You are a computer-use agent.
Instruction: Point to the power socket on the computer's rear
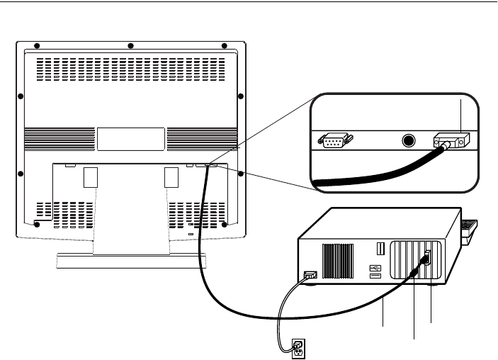pos(310,276)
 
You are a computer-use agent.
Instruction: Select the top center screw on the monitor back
pos(131,46)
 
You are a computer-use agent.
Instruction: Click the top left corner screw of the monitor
pos(37,46)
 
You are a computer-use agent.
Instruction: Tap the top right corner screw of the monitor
pos(225,46)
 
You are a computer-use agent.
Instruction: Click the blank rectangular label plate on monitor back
pos(131,138)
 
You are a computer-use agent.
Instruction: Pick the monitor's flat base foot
pos(132,261)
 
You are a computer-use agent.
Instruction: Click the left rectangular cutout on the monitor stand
pos(89,177)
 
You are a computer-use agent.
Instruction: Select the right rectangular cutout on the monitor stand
pos(171,177)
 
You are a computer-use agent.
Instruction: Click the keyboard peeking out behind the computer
pos(470,229)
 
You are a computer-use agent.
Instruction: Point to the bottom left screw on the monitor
pos(37,224)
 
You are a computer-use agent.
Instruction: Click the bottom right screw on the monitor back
pos(225,224)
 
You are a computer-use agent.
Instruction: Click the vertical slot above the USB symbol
pos(380,249)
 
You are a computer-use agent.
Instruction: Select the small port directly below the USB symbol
pos(374,277)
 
